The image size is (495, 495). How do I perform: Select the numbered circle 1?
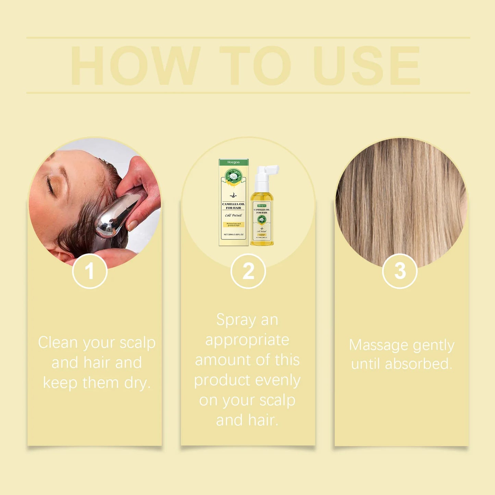pyautogui.click(x=90, y=271)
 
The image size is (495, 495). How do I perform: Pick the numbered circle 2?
pyautogui.click(x=248, y=271)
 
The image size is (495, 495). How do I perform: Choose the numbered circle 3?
pyautogui.click(x=400, y=271)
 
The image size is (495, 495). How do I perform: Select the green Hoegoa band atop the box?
pyautogui.click(x=234, y=162)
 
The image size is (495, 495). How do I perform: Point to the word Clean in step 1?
pyautogui.click(x=58, y=343)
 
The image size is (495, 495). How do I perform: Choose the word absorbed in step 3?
pyautogui.click(x=418, y=364)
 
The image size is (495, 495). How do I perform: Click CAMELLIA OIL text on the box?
pyautogui.click(x=234, y=204)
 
